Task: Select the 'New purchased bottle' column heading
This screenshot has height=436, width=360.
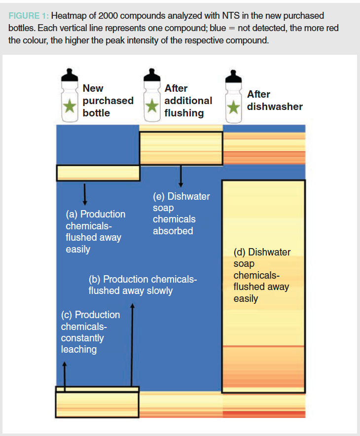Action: tap(108, 101)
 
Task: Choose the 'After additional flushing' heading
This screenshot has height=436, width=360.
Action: tap(188, 101)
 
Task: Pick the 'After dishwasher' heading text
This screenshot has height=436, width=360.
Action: tap(275, 101)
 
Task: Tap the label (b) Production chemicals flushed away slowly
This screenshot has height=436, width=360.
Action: tap(143, 285)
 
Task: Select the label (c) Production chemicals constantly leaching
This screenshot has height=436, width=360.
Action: tap(90, 332)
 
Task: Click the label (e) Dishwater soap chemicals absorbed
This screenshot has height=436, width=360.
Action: tap(181, 214)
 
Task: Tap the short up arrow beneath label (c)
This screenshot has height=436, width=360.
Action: tap(65, 375)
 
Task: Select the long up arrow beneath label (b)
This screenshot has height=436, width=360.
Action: tap(132, 345)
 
